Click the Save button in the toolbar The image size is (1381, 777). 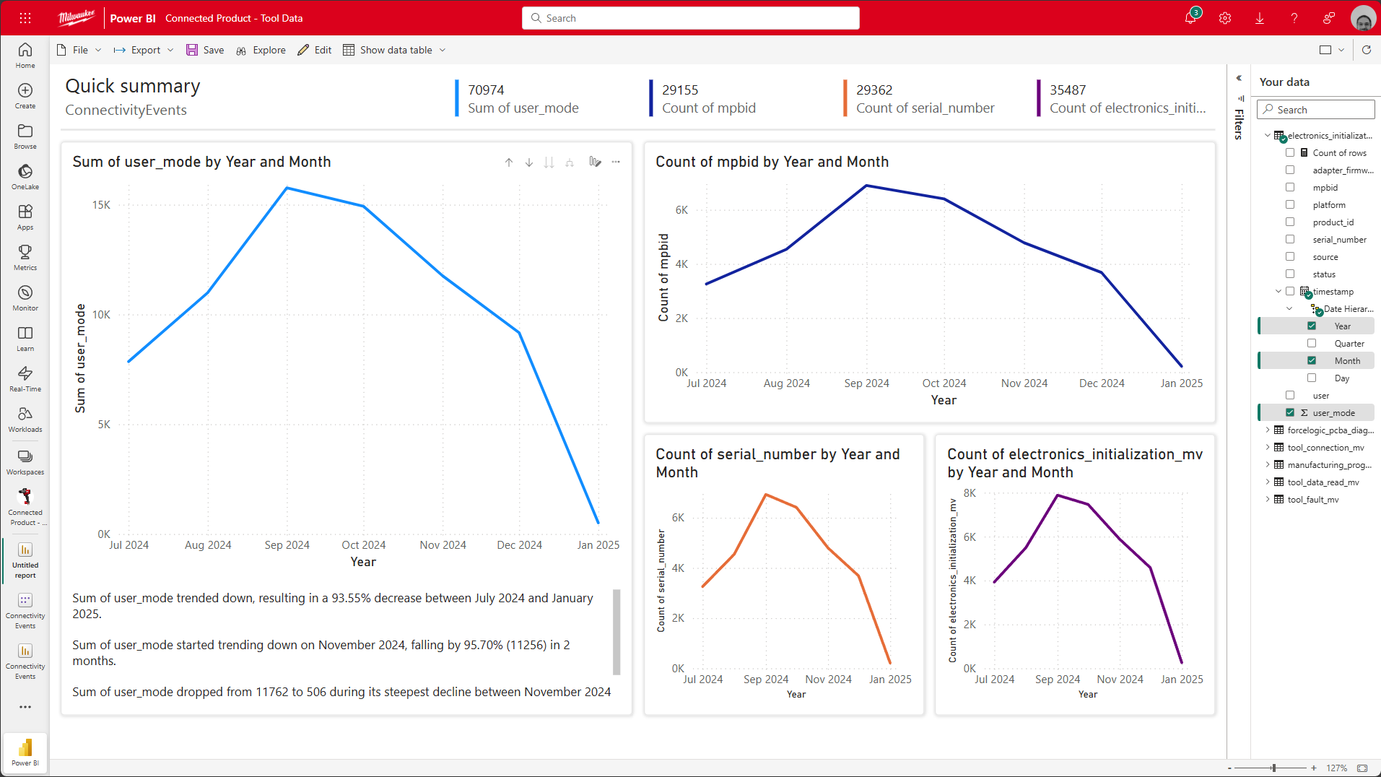205,50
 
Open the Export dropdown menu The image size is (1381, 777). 144,50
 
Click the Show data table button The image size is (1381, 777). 394,50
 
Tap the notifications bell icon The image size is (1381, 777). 1190,18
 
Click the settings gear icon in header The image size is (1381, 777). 1225,18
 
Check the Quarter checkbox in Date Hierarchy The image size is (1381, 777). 1312,344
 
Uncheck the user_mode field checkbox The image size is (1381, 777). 1290,413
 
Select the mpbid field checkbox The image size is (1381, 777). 1290,188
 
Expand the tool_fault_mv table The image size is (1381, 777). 1268,500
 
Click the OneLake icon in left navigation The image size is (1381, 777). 25,172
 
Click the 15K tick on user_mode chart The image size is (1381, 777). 101,205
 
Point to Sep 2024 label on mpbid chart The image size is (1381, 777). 866,383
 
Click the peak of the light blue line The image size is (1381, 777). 287,188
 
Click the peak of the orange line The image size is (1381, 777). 766,495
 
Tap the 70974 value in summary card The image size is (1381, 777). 486,90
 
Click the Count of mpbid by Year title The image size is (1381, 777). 772,162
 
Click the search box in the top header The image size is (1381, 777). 691,18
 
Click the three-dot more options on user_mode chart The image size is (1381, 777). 616,162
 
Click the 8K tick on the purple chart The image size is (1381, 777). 970,493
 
